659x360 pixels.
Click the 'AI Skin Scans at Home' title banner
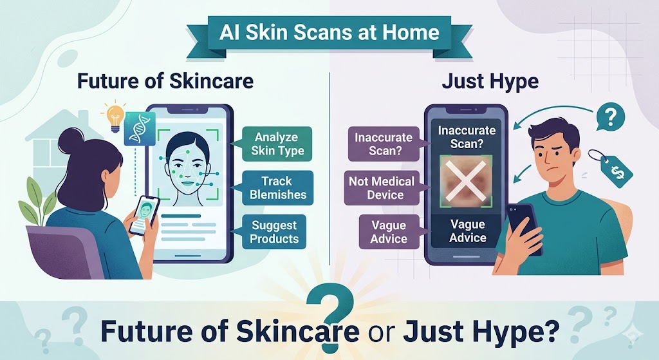(329, 32)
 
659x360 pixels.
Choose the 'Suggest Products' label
(274, 232)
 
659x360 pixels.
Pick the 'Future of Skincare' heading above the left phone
(165, 81)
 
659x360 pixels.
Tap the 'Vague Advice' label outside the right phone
(389, 232)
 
